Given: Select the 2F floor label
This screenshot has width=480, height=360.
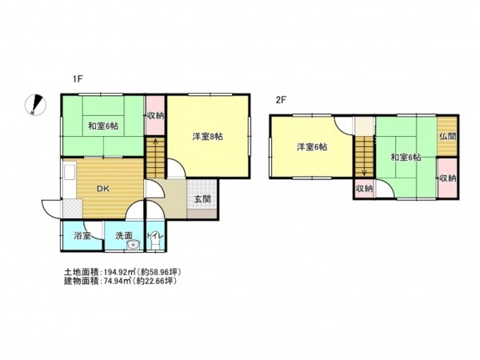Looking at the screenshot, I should tap(280, 100).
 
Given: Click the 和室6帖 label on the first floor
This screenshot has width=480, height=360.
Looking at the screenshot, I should tap(103, 126).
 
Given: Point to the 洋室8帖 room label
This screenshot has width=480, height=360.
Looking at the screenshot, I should tap(207, 136).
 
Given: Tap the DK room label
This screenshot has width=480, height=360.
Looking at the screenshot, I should tap(103, 190).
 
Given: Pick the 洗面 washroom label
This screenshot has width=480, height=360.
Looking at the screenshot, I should tap(123, 236).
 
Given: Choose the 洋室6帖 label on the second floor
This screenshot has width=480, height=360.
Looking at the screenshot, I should tap(310, 147).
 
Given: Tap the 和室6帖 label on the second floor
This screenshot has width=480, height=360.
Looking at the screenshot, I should tap(406, 157).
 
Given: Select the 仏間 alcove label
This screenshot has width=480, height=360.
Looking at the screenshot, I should tap(447, 137).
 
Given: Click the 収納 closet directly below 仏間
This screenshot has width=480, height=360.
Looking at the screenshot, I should tap(447, 178).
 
